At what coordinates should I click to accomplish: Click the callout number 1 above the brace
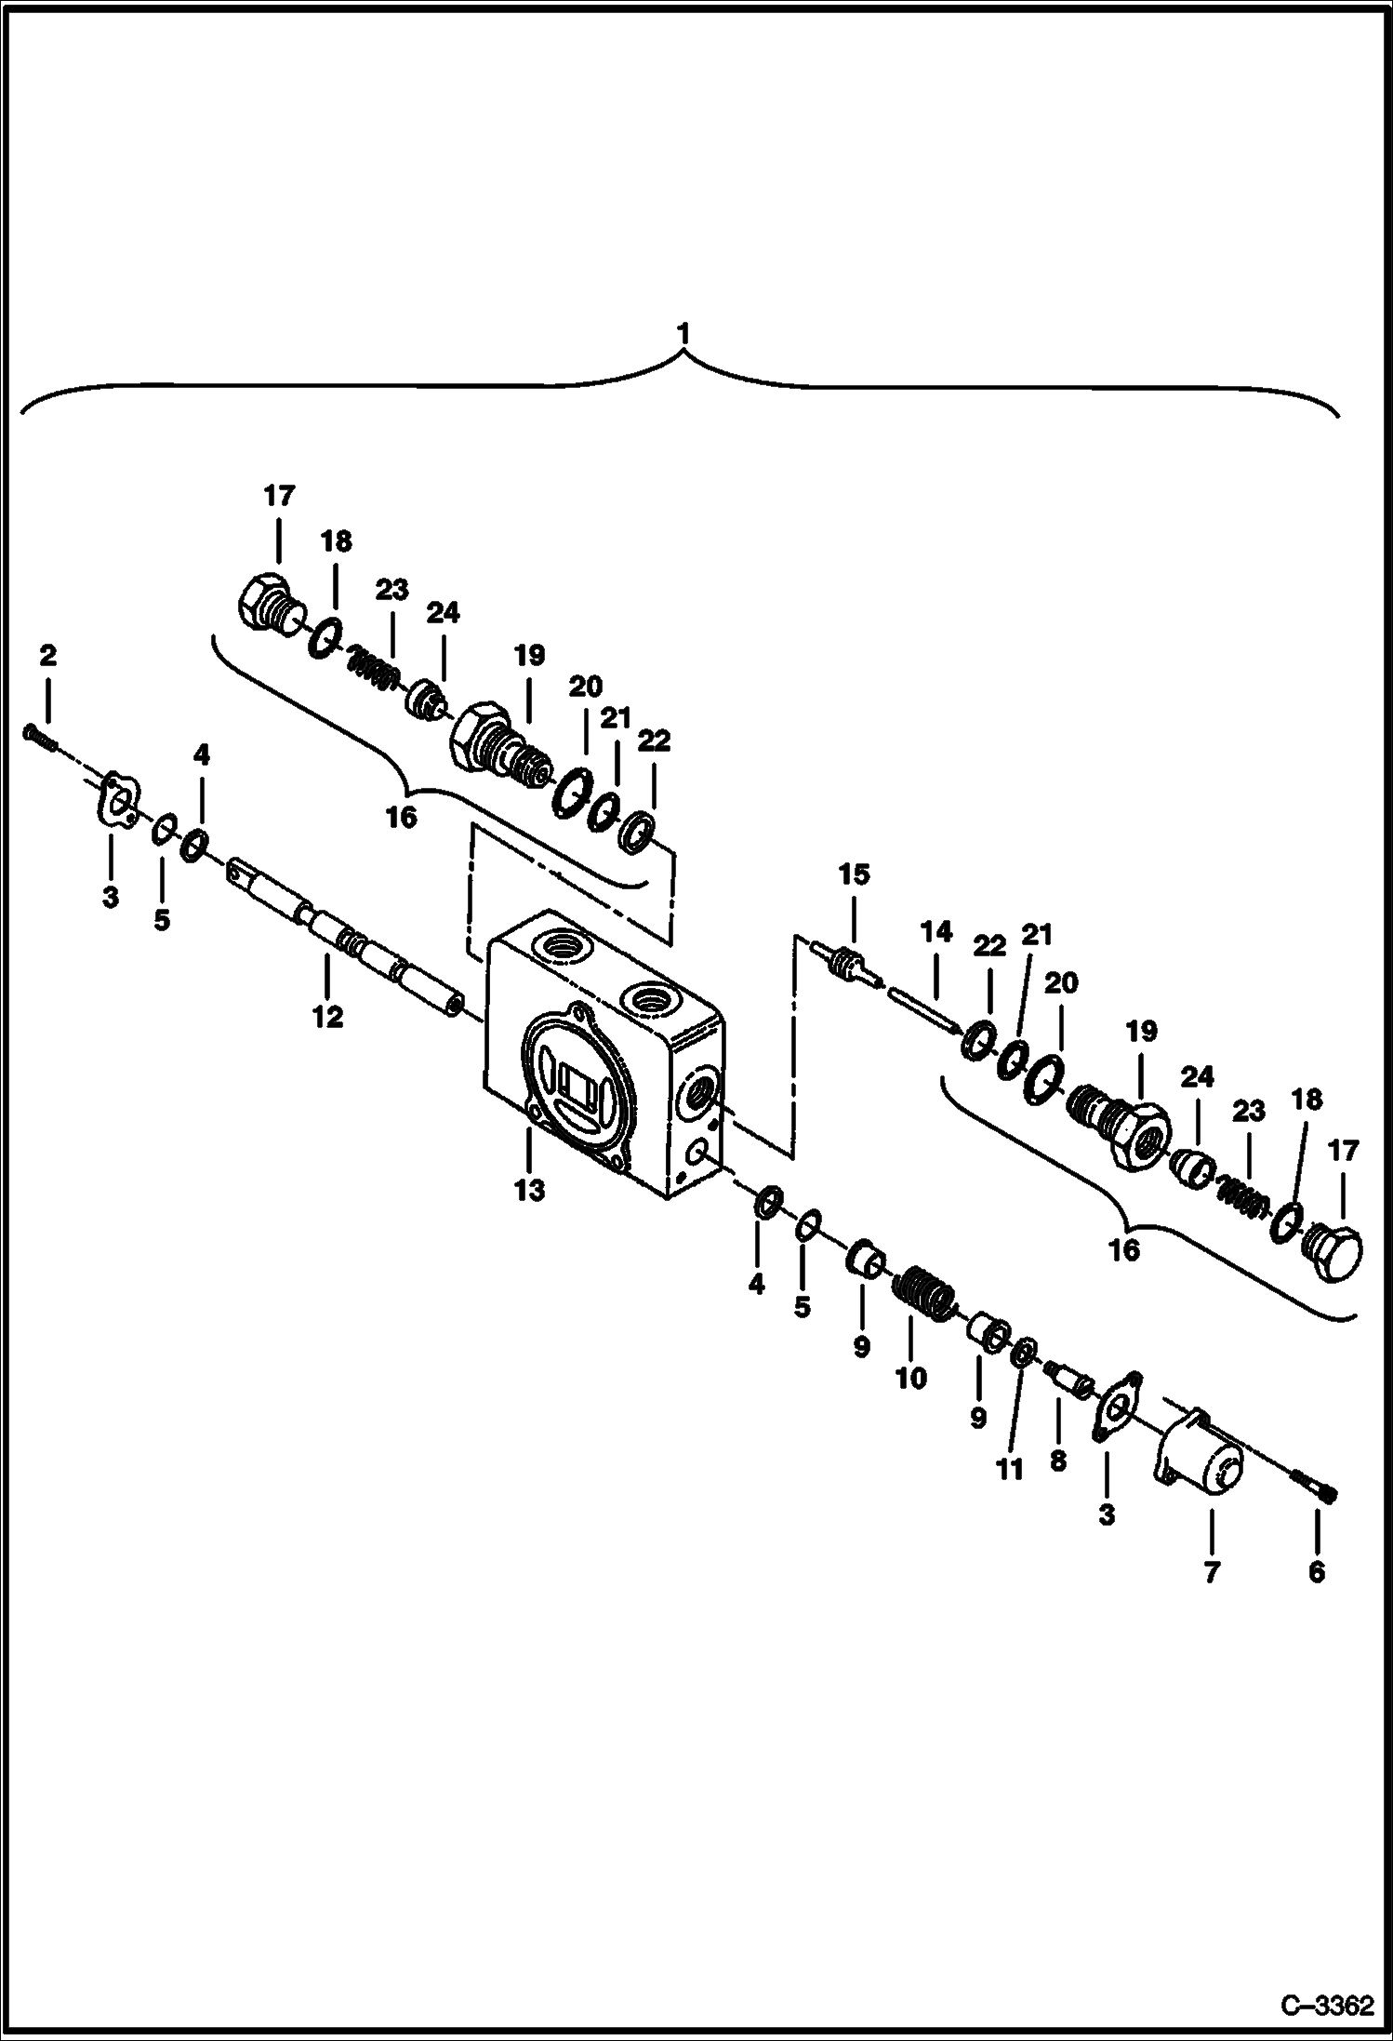coord(683,332)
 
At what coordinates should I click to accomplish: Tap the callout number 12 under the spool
coord(327,1018)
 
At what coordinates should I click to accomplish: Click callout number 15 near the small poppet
coord(854,874)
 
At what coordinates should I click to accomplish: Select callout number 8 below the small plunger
coord(1057,1461)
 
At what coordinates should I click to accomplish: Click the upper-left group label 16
coord(402,818)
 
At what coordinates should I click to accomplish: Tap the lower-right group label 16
coord(1124,1249)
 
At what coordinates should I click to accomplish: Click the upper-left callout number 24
coord(444,613)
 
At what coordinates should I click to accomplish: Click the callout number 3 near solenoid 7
coord(1107,1515)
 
